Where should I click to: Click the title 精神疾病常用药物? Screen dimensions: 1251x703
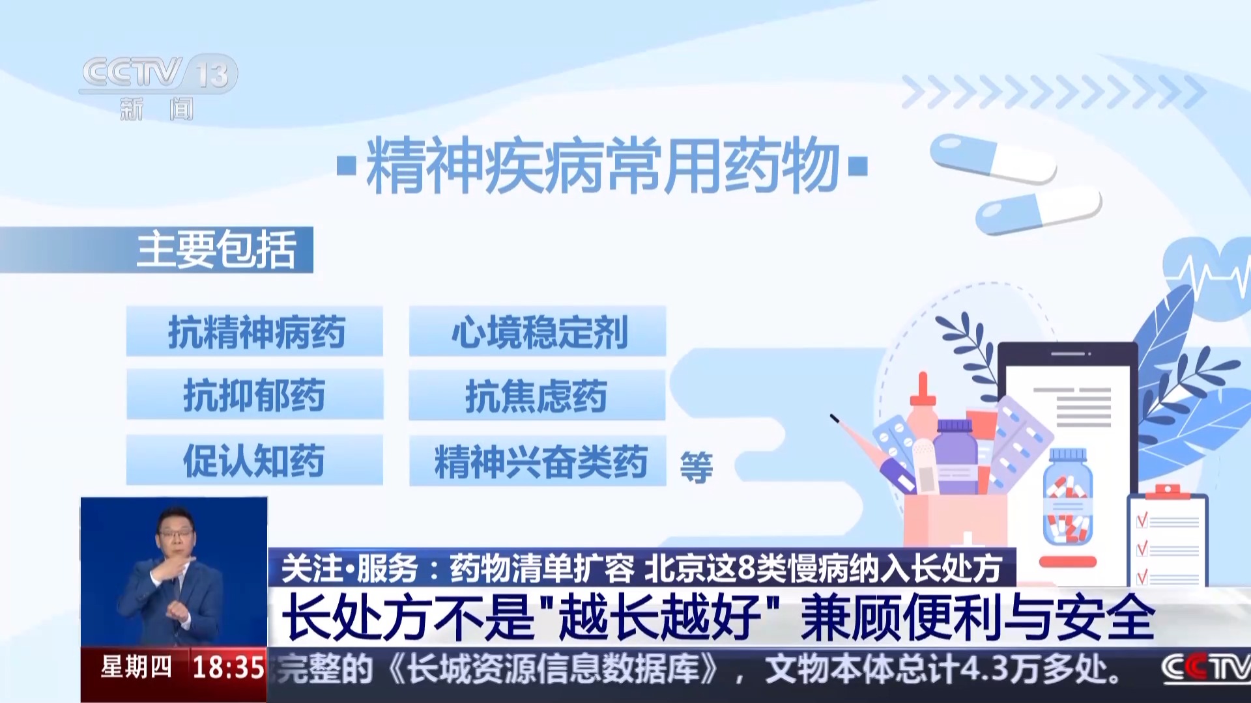pyautogui.click(x=603, y=166)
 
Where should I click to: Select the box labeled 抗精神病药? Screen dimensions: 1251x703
pyautogui.click(x=255, y=331)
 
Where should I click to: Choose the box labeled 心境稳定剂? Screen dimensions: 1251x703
pyautogui.click(x=538, y=331)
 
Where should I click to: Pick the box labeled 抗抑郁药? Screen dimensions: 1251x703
pyautogui.click(x=255, y=394)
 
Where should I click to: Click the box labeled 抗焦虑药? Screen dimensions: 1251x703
pyautogui.click(x=537, y=395)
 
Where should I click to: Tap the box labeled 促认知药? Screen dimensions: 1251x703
pyautogui.click(x=255, y=460)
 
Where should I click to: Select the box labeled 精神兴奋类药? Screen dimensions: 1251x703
pyautogui.click(x=538, y=461)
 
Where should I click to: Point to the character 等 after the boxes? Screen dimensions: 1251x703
pyautogui.click(x=697, y=467)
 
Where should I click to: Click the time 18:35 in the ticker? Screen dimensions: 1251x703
pyautogui.click(x=229, y=667)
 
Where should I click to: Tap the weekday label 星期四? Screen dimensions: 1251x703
pyautogui.click(x=136, y=667)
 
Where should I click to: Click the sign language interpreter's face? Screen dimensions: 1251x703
pyautogui.click(x=176, y=536)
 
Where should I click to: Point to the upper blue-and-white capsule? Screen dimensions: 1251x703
pyautogui.click(x=993, y=158)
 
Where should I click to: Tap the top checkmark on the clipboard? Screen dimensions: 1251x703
pyautogui.click(x=1142, y=519)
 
